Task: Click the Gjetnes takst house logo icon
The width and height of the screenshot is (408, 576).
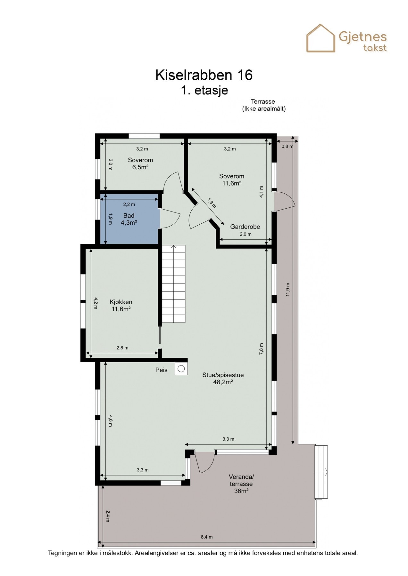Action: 321,38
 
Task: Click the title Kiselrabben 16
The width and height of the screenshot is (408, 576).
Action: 204,75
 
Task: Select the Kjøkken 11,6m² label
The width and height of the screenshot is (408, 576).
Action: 121,305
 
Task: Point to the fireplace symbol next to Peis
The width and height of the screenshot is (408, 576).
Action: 181,369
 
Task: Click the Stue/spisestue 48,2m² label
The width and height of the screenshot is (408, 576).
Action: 223,378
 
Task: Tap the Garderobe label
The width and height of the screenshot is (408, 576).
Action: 245,227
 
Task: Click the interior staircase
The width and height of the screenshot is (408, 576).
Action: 173,284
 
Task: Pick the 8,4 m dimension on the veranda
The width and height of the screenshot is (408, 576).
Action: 207,537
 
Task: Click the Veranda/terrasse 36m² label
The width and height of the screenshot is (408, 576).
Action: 241,484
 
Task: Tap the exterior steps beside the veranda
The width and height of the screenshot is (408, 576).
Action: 321,472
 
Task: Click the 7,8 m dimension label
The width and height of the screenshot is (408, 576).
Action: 261,349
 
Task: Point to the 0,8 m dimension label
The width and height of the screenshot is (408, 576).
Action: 287,146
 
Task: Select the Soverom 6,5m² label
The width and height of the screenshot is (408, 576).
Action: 140,163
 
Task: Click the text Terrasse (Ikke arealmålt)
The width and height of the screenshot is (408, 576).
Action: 263,105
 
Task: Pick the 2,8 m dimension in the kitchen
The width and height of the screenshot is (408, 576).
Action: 122,348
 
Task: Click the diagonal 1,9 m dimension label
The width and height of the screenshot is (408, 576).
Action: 212,203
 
